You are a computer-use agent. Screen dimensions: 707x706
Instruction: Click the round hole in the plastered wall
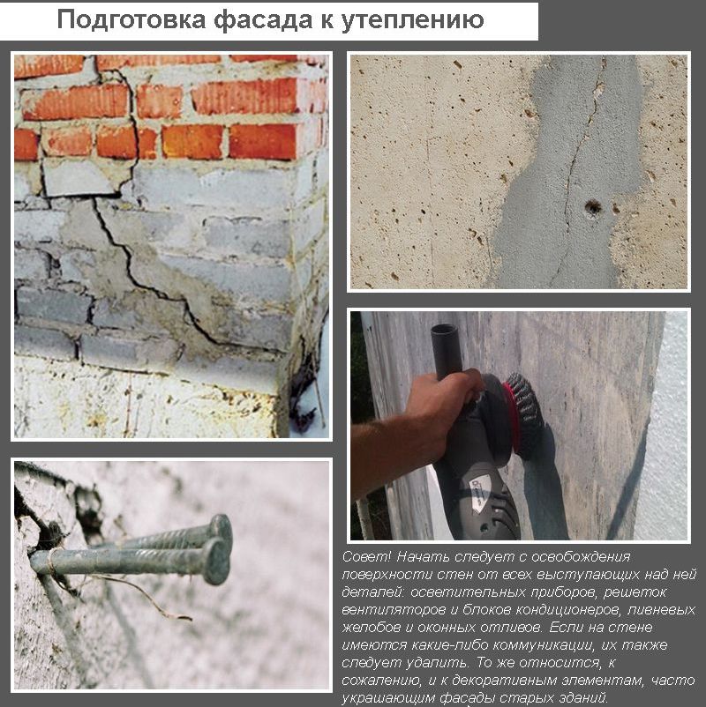coord(591,207)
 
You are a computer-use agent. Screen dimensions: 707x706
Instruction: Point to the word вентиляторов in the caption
coord(386,610)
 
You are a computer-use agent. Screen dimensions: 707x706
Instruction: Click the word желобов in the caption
coord(368,628)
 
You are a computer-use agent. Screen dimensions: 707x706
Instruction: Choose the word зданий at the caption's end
coord(583,697)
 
